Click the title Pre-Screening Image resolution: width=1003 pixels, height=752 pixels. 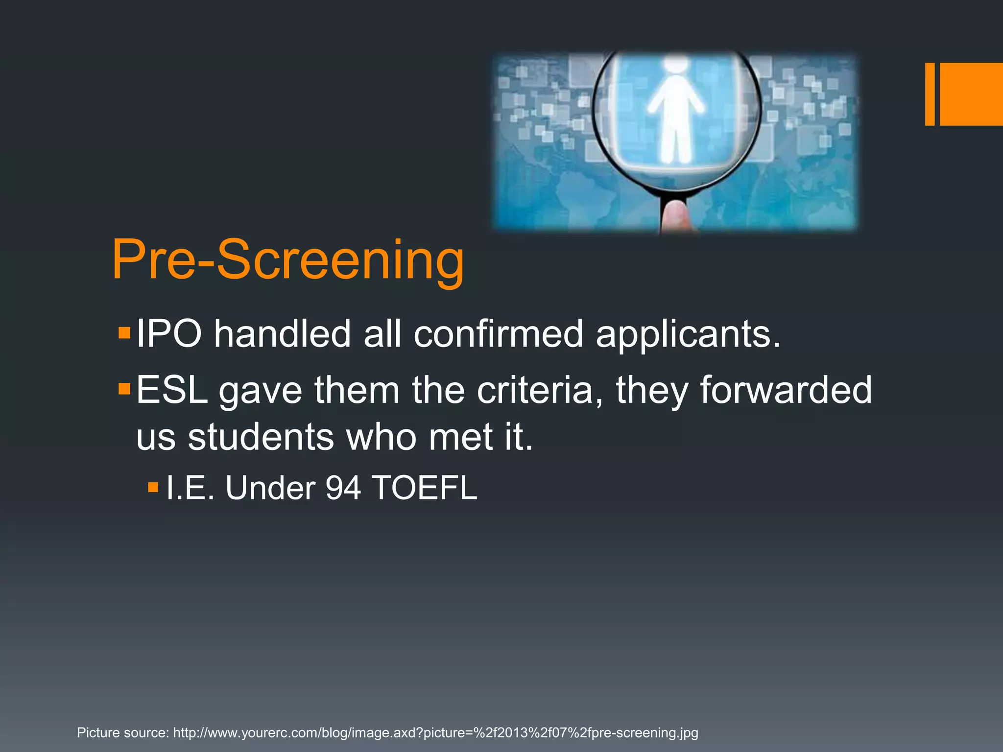click(x=288, y=260)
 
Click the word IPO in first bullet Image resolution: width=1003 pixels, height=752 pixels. click(x=169, y=334)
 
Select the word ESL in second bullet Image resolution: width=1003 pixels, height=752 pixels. click(x=172, y=390)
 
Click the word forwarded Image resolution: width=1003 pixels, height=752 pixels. click(x=786, y=390)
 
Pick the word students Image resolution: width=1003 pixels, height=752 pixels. click(x=261, y=437)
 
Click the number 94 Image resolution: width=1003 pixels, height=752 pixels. click(x=343, y=488)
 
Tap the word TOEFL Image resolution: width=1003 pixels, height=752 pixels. click(x=424, y=488)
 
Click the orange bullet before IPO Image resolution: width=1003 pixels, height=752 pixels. click(x=124, y=334)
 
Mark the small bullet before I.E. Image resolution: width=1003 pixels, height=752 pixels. click(x=153, y=488)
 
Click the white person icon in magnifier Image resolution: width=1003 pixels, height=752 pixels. click(x=676, y=110)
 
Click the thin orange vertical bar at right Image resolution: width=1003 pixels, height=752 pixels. click(x=930, y=94)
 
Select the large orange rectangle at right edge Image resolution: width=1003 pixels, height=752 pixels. click(x=971, y=94)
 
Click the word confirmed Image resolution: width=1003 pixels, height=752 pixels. click(x=499, y=334)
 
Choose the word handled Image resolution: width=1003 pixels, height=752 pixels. click(x=282, y=334)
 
